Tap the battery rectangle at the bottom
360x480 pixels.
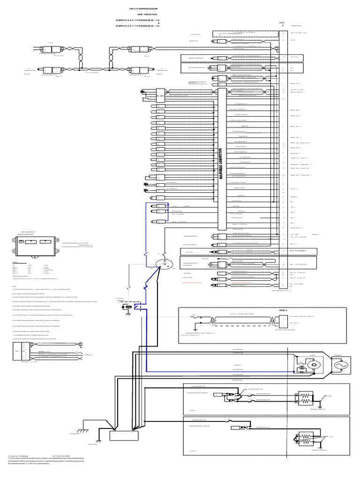[x=124, y=435]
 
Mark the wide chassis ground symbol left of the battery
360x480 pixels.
[x=83, y=430]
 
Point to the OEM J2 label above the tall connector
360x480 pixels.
[x=282, y=23]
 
